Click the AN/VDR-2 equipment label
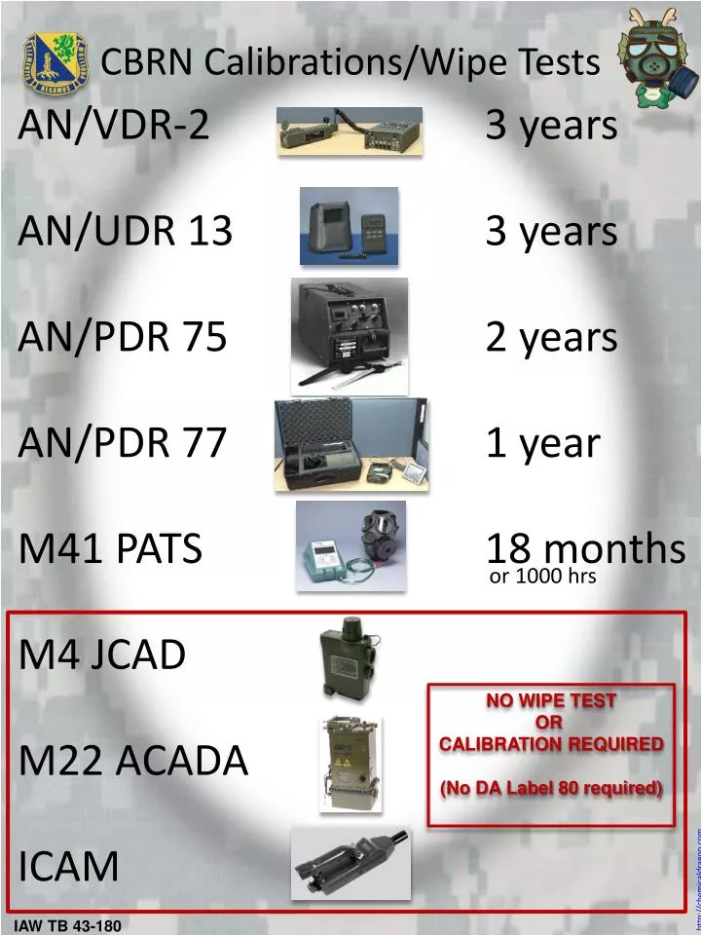(114, 125)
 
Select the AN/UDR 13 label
(126, 231)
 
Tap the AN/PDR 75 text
(123, 337)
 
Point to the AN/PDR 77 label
(123, 443)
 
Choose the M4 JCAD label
(102, 655)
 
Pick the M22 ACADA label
(133, 761)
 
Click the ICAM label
(69, 866)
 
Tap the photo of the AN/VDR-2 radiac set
(349, 131)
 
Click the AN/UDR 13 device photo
(349, 226)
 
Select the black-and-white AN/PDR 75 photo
(349, 334)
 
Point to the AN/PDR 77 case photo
(351, 443)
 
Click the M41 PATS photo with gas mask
(350, 545)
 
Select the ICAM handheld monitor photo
(350, 864)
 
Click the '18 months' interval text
(585, 549)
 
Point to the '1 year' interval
(542, 443)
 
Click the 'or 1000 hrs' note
(542, 578)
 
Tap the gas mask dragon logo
(653, 56)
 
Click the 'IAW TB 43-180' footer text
(67, 925)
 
